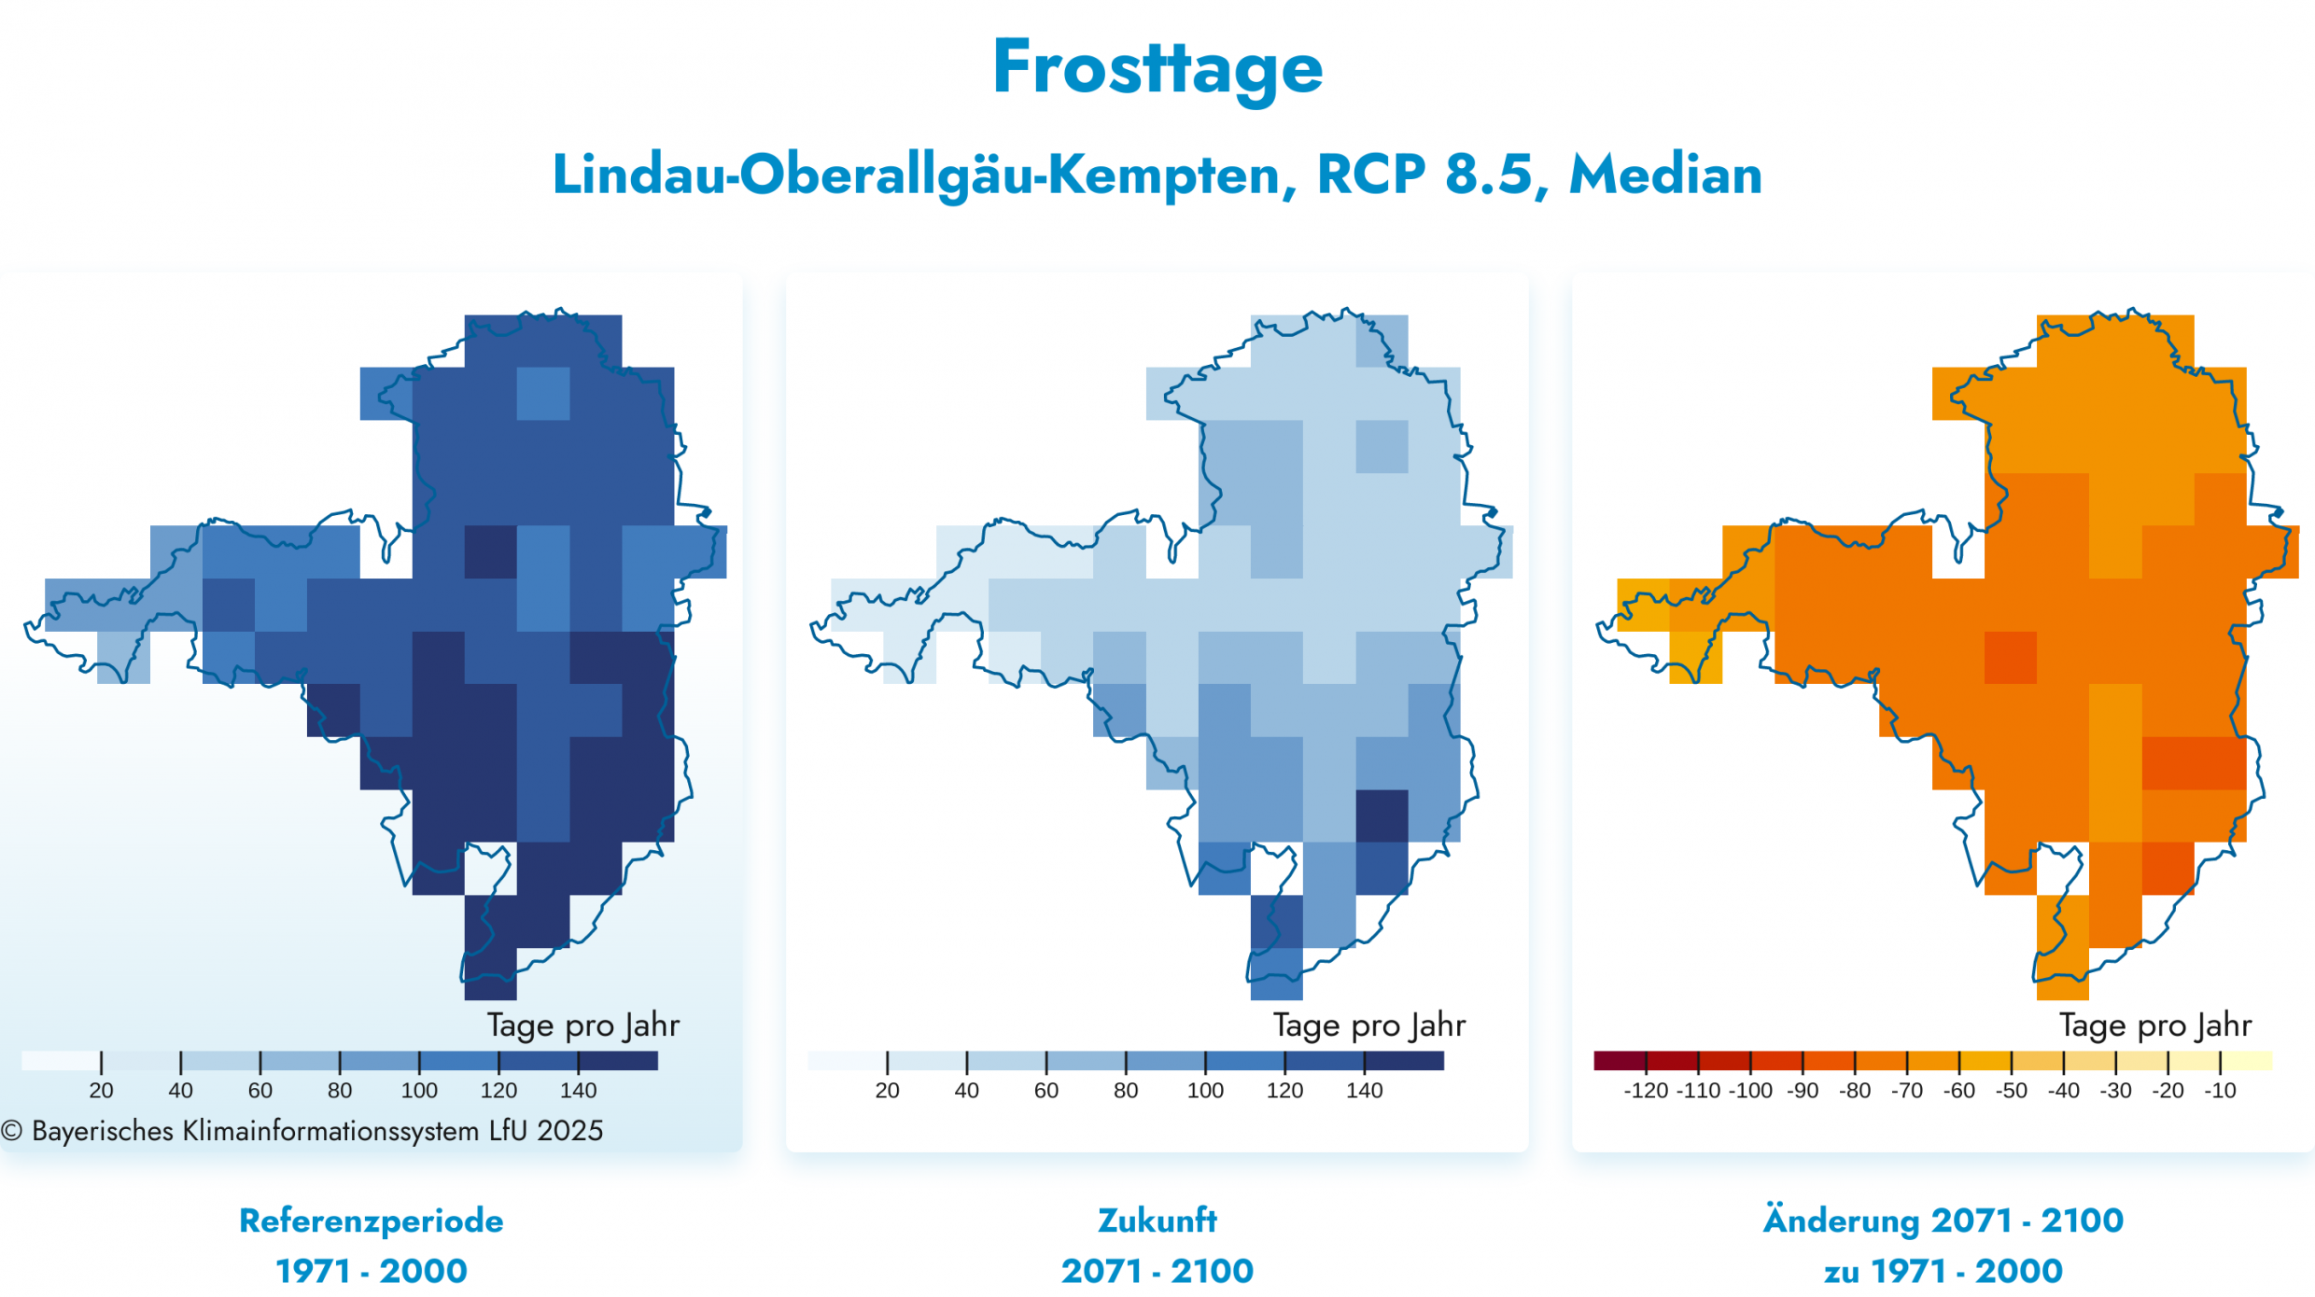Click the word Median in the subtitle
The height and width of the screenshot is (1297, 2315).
pyautogui.click(x=1665, y=174)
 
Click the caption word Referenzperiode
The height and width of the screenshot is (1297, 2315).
pyautogui.click(x=372, y=1220)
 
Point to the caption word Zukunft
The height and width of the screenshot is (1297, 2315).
pyautogui.click(x=1157, y=1220)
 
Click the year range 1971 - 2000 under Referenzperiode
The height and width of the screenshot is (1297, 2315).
pyautogui.click(x=372, y=1271)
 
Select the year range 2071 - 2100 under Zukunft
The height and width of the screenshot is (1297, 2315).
pyautogui.click(x=1157, y=1271)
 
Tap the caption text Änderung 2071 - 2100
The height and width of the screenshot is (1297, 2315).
pyautogui.click(x=1943, y=1220)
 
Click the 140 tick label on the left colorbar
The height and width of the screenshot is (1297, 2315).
pyautogui.click(x=579, y=1090)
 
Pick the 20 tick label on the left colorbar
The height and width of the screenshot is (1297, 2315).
pyautogui.click(x=101, y=1090)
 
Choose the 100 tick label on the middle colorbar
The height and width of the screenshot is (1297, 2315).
pyautogui.click(x=1205, y=1090)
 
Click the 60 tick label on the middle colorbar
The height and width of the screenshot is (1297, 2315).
pyautogui.click(x=1046, y=1090)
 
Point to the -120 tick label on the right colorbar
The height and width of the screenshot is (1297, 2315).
pyautogui.click(x=1646, y=1090)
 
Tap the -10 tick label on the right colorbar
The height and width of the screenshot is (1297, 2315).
pyautogui.click(x=2221, y=1090)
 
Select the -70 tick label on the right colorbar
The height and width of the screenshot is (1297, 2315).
pyautogui.click(x=1907, y=1090)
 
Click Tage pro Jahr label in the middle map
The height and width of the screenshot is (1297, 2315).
pyautogui.click(x=1369, y=1025)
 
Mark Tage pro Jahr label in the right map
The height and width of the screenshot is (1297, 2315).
pyautogui.click(x=2155, y=1025)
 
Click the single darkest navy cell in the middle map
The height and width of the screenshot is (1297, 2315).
pyautogui.click(x=1382, y=816)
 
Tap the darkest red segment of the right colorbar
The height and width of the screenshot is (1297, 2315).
pyautogui.click(x=1620, y=1061)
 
